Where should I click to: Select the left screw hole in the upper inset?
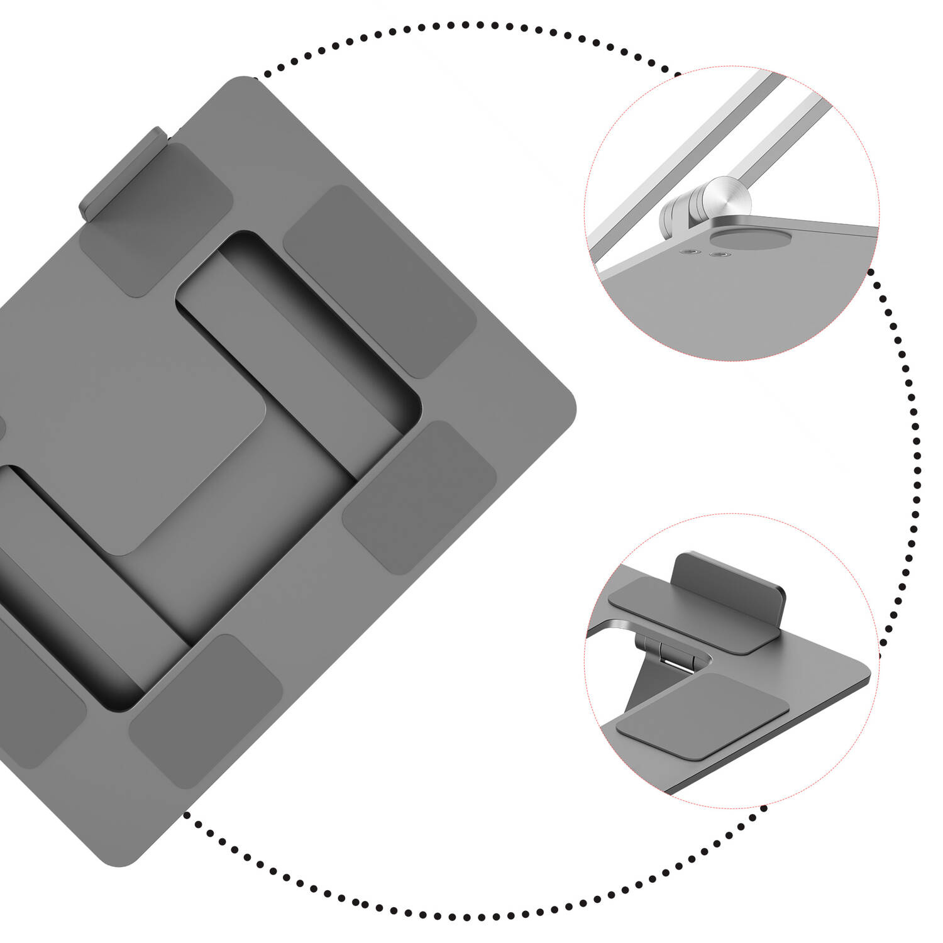[692, 252]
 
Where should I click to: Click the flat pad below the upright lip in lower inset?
[692, 616]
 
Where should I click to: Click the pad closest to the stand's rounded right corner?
[420, 497]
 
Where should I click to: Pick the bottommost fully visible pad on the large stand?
[206, 710]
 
